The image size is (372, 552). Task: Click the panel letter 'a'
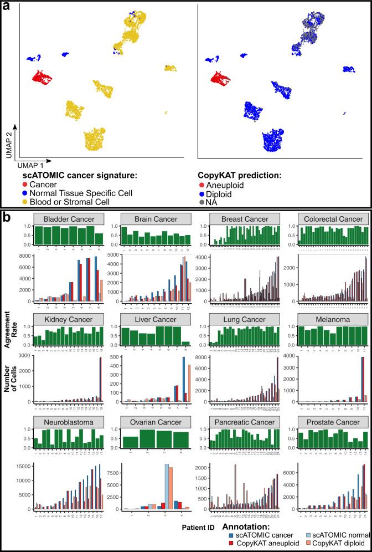6,8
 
